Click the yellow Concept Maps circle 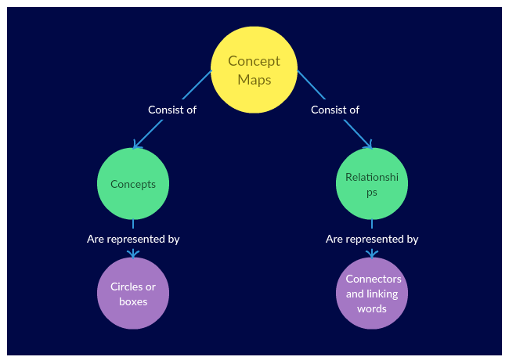(254, 70)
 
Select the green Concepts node (133, 184)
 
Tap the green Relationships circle (372, 184)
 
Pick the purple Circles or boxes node (133, 294)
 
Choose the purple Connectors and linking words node (372, 294)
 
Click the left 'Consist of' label (171, 110)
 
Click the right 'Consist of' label (334, 110)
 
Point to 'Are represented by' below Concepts (133, 239)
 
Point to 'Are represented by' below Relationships (372, 239)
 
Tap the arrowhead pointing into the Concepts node (136, 145)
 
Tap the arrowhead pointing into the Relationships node (369, 145)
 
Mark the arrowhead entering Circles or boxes (133, 254)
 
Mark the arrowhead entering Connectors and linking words (372, 254)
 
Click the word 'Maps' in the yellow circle (254, 80)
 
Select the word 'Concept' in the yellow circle (254, 61)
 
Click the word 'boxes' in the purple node (133, 301)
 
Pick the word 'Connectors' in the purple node (374, 279)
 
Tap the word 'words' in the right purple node (372, 308)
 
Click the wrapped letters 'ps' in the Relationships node (372, 192)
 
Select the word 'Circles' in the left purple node (126, 287)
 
